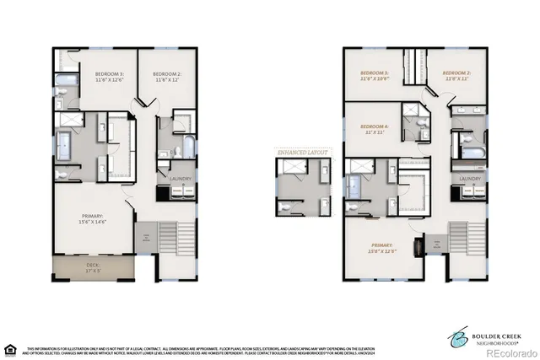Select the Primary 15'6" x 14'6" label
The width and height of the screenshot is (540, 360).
click(92, 218)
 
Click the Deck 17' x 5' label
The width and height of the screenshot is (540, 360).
click(93, 270)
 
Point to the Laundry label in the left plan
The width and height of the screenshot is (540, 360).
click(180, 179)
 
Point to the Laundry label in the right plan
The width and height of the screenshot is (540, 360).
click(470, 180)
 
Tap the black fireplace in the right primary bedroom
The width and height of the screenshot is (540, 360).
click(417, 247)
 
